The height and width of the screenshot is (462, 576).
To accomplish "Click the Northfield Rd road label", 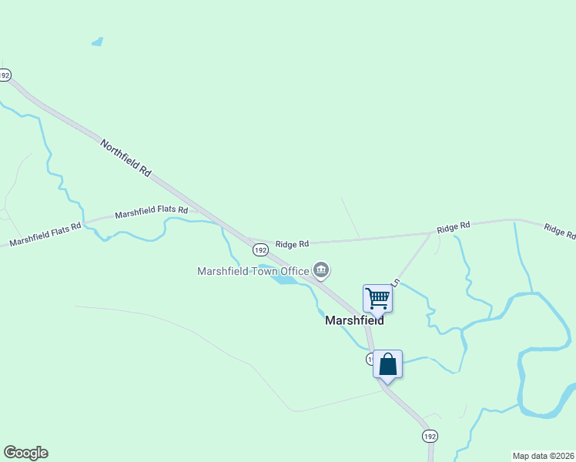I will coord(125,159).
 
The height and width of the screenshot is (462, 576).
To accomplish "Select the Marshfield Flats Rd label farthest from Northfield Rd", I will coord(45,235).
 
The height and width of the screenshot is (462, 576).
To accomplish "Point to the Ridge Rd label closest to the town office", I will coord(293,243).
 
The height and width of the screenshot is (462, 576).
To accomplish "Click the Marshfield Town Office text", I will coord(253,270).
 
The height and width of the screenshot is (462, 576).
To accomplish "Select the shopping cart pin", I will coord(377,297).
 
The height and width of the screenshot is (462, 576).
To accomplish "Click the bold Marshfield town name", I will coord(354,320).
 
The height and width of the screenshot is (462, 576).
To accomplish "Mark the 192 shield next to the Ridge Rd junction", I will coord(260,249).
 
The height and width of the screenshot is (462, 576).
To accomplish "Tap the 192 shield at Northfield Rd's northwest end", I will coord(5,75).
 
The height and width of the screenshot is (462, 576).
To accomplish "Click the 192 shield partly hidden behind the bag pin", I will coord(370,360).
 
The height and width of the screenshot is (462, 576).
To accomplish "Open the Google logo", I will coord(25,453).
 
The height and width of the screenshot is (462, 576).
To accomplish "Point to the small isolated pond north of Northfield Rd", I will coord(97,42).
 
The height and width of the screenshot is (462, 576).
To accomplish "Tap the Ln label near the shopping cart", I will coord(396,283).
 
